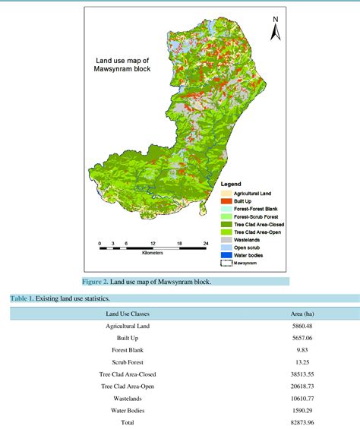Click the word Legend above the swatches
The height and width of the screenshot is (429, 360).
232,184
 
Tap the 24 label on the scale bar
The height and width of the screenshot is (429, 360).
204,244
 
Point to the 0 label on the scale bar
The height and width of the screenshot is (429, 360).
99,244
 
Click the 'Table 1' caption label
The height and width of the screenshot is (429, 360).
22,299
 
